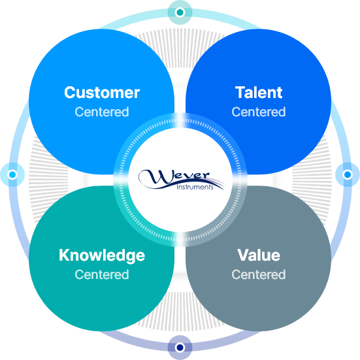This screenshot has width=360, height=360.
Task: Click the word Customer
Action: [102, 93]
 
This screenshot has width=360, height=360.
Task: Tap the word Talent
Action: [259, 93]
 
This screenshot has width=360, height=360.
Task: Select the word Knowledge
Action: [102, 255]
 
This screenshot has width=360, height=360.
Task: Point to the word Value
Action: [259, 255]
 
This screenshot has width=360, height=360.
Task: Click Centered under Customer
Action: [102, 112]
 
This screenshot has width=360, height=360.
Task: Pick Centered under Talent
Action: [259, 112]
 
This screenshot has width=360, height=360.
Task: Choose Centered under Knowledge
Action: [102, 274]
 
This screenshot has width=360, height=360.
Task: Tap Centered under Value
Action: [259, 274]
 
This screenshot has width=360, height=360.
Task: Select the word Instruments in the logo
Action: [195, 187]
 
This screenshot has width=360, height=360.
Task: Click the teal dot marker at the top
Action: [180, 12]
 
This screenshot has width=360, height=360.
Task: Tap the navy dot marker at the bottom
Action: [180, 348]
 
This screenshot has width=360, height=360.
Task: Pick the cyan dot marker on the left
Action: [12, 174]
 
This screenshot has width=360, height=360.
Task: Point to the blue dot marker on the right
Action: [348, 174]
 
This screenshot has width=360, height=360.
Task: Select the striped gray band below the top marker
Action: [180, 48]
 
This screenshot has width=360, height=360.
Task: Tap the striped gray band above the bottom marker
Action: [180, 312]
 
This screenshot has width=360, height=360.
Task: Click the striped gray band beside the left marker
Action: [48, 180]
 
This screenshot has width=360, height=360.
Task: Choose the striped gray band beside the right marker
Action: [312, 180]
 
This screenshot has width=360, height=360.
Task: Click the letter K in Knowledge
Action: [64, 255]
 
